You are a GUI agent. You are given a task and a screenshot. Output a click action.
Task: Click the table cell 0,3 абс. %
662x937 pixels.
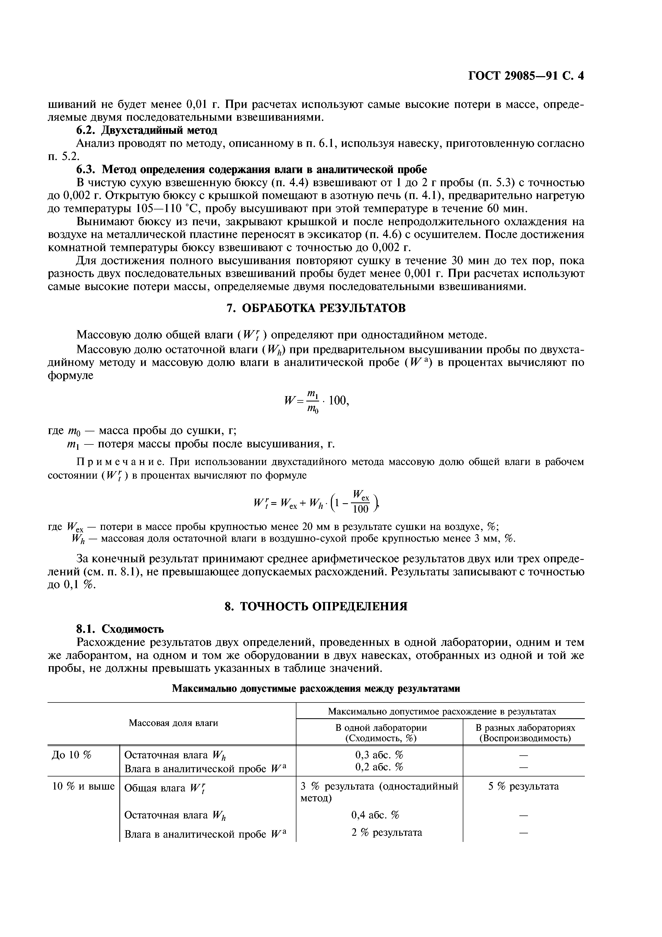(379, 754)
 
